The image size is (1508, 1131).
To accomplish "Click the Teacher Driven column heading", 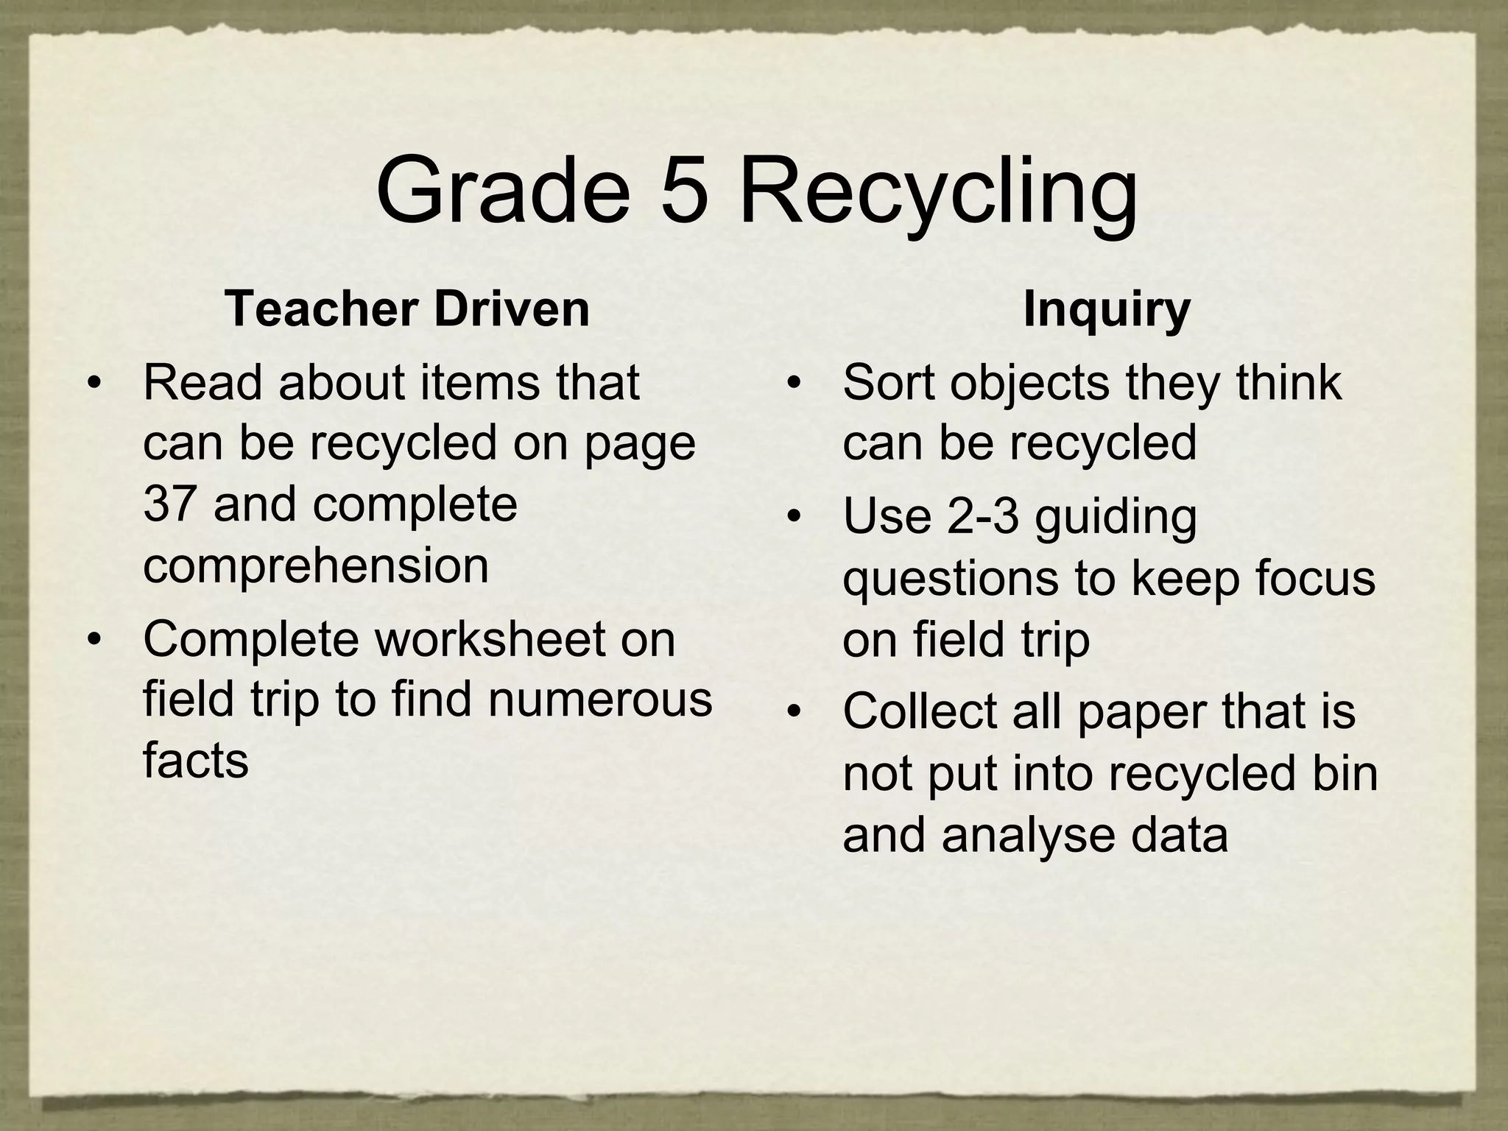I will tap(407, 309).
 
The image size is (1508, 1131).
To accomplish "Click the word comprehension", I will tap(316, 567).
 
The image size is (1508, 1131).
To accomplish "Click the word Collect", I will tap(920, 712).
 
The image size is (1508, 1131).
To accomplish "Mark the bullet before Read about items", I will tap(93, 384).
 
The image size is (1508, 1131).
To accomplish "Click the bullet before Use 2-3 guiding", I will tap(792, 517).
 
